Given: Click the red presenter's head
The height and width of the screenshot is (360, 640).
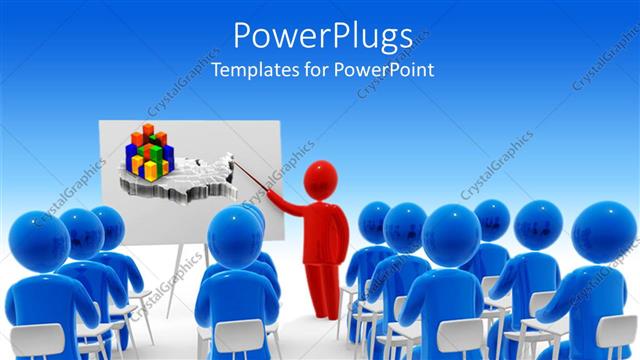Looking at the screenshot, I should [x=320, y=180].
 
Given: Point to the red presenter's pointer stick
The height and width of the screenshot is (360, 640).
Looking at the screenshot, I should [x=254, y=179].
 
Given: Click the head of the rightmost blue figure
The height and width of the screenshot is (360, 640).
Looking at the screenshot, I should [x=605, y=233].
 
